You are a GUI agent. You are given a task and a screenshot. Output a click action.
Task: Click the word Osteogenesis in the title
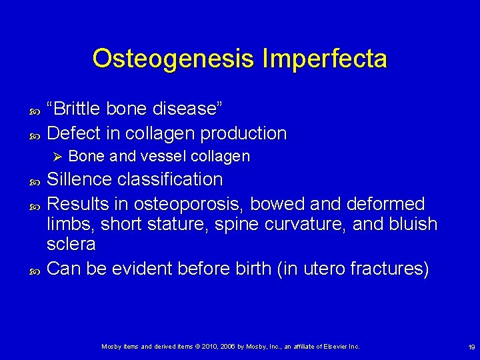(x=174, y=59)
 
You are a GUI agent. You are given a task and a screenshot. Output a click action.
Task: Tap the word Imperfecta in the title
(x=325, y=59)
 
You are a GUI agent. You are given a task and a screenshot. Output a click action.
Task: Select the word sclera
(x=71, y=244)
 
